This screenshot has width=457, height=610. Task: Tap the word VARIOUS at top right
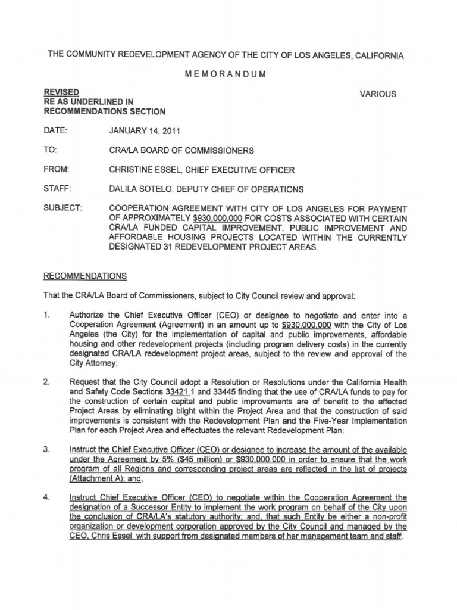[378, 94]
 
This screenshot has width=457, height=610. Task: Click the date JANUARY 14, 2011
[139, 130]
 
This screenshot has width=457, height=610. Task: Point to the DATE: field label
[57, 130]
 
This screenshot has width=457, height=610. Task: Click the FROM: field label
[57, 170]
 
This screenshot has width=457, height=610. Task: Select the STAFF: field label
[58, 189]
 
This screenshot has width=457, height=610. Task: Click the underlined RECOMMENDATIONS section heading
[84, 276]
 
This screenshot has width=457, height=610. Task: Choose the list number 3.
[47, 449]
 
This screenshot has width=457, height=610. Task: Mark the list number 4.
[47, 497]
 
